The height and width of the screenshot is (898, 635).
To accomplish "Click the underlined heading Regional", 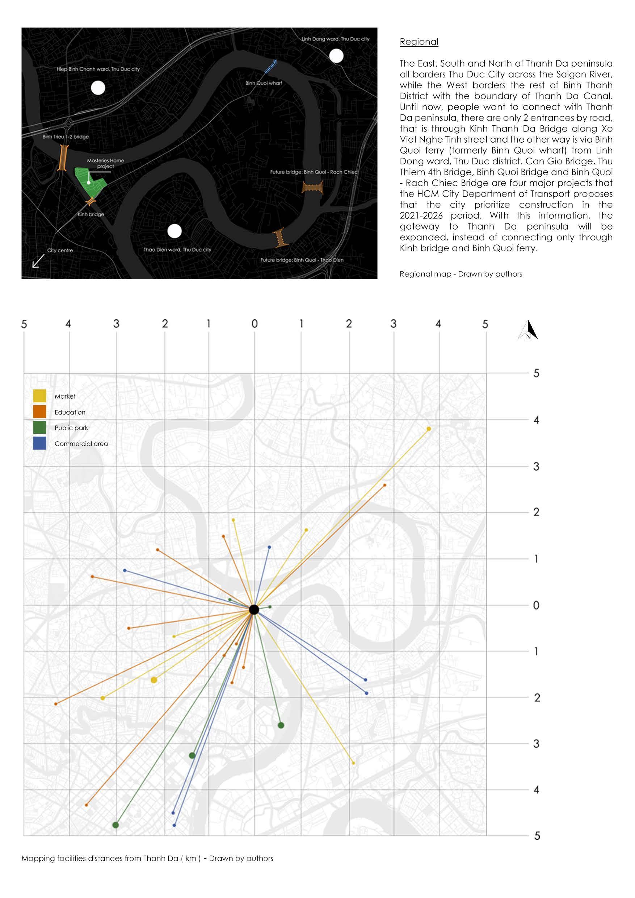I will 419,42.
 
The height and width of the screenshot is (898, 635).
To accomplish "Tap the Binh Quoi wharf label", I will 264,83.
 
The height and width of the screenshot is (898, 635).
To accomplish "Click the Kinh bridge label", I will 91,214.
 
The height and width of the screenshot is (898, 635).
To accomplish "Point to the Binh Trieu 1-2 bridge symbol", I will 63,158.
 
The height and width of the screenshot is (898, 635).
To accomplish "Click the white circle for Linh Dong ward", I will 336,56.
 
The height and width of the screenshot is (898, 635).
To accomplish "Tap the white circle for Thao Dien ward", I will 174,231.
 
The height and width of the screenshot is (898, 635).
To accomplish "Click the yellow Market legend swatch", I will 39,396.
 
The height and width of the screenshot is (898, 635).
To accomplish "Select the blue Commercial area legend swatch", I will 39,443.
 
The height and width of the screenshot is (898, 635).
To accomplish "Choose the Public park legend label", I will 71,428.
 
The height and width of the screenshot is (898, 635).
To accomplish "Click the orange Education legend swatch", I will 39,411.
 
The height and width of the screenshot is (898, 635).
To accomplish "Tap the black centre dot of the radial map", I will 254,609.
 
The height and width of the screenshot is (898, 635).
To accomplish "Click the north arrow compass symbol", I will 528,330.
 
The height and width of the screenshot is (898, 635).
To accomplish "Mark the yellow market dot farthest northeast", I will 429,429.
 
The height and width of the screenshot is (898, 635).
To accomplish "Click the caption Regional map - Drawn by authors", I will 461,274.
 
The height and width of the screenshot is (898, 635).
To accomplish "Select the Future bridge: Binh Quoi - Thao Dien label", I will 302,260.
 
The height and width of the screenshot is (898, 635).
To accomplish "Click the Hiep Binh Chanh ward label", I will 98,69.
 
